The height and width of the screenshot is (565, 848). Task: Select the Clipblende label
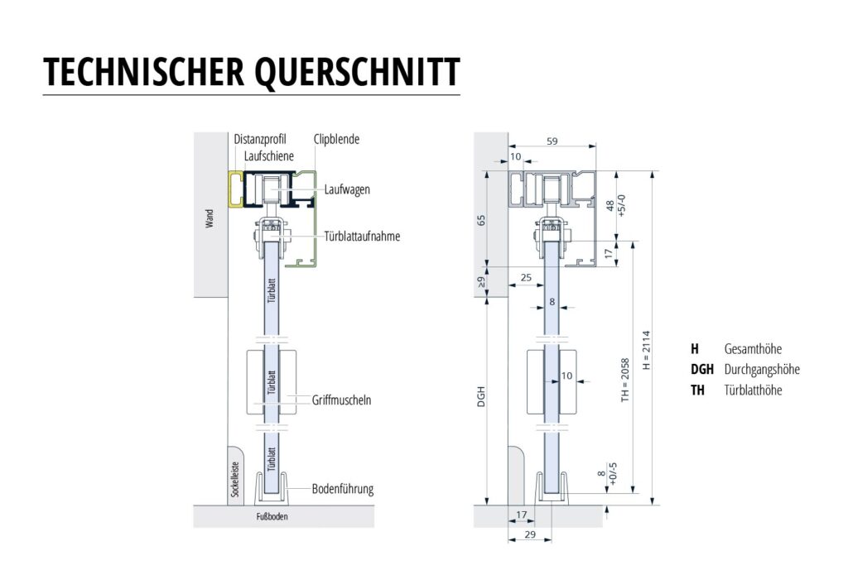335,140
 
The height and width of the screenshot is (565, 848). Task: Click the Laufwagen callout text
347,189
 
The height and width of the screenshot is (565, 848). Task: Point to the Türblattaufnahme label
363,236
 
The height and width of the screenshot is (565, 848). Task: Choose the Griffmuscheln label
342,400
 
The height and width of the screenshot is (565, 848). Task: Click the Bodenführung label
342,489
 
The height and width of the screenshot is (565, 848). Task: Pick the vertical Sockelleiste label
234,481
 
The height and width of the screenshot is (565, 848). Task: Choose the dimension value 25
526,277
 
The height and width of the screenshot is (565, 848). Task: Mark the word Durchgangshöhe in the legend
761,370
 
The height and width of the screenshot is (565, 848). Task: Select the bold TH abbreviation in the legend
697,390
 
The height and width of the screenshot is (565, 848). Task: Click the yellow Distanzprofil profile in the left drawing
236,189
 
